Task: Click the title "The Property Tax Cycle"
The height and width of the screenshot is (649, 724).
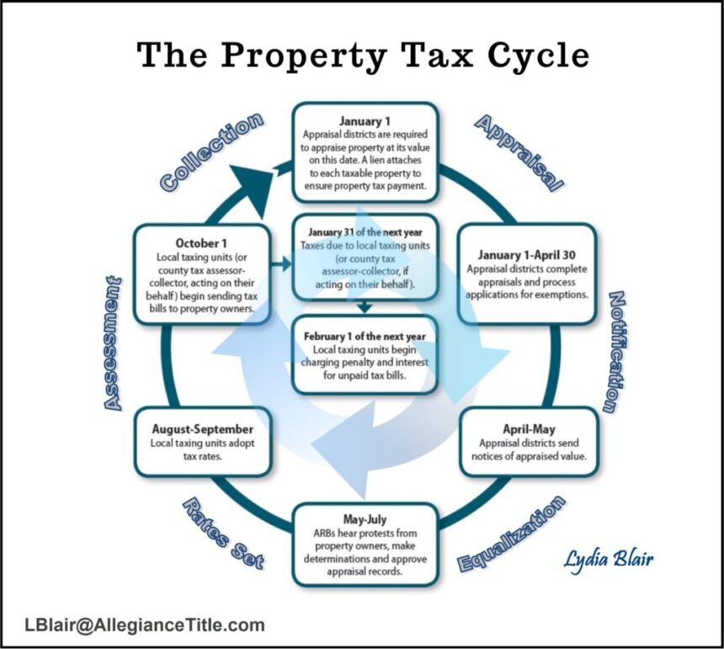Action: (x=363, y=56)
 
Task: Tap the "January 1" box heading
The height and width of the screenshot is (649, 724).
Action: (x=365, y=121)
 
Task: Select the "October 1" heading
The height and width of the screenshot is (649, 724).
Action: (x=201, y=243)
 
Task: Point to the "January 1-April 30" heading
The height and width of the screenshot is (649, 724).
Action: (x=526, y=255)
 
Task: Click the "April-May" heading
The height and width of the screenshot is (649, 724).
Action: (x=529, y=429)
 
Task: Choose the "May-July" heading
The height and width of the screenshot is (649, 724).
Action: (x=365, y=519)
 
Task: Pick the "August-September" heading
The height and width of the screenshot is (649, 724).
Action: (x=203, y=429)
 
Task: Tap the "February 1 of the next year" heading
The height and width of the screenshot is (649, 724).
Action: (x=365, y=337)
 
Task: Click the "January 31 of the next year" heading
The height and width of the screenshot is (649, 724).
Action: (x=365, y=232)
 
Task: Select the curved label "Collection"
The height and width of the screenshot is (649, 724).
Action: (x=211, y=152)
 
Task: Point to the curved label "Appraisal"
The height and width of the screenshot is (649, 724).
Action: (x=519, y=153)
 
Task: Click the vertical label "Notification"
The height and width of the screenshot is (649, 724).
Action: (x=617, y=352)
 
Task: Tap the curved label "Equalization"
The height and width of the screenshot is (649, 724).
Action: (x=511, y=534)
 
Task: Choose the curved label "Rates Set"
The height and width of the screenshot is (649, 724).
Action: (x=223, y=534)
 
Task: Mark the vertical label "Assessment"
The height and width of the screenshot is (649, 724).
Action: (x=112, y=343)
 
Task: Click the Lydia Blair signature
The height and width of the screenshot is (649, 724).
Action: (x=608, y=560)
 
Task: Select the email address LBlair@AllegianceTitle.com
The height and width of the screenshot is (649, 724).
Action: (x=145, y=625)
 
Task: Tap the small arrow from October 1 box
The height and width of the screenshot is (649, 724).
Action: (x=281, y=264)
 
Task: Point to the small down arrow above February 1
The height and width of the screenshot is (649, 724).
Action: (x=365, y=306)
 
